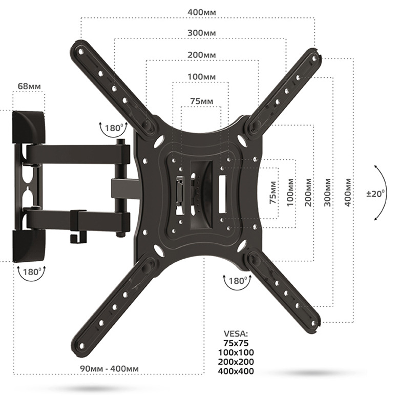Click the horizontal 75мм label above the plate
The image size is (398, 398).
pyautogui.click(x=201, y=101)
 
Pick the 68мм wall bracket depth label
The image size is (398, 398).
pyautogui.click(x=29, y=86)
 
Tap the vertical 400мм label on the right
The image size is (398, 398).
pyautogui.click(x=348, y=193)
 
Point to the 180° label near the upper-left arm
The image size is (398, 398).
pyautogui.click(x=114, y=127)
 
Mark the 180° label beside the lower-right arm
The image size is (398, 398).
pyautogui.click(x=237, y=281)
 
